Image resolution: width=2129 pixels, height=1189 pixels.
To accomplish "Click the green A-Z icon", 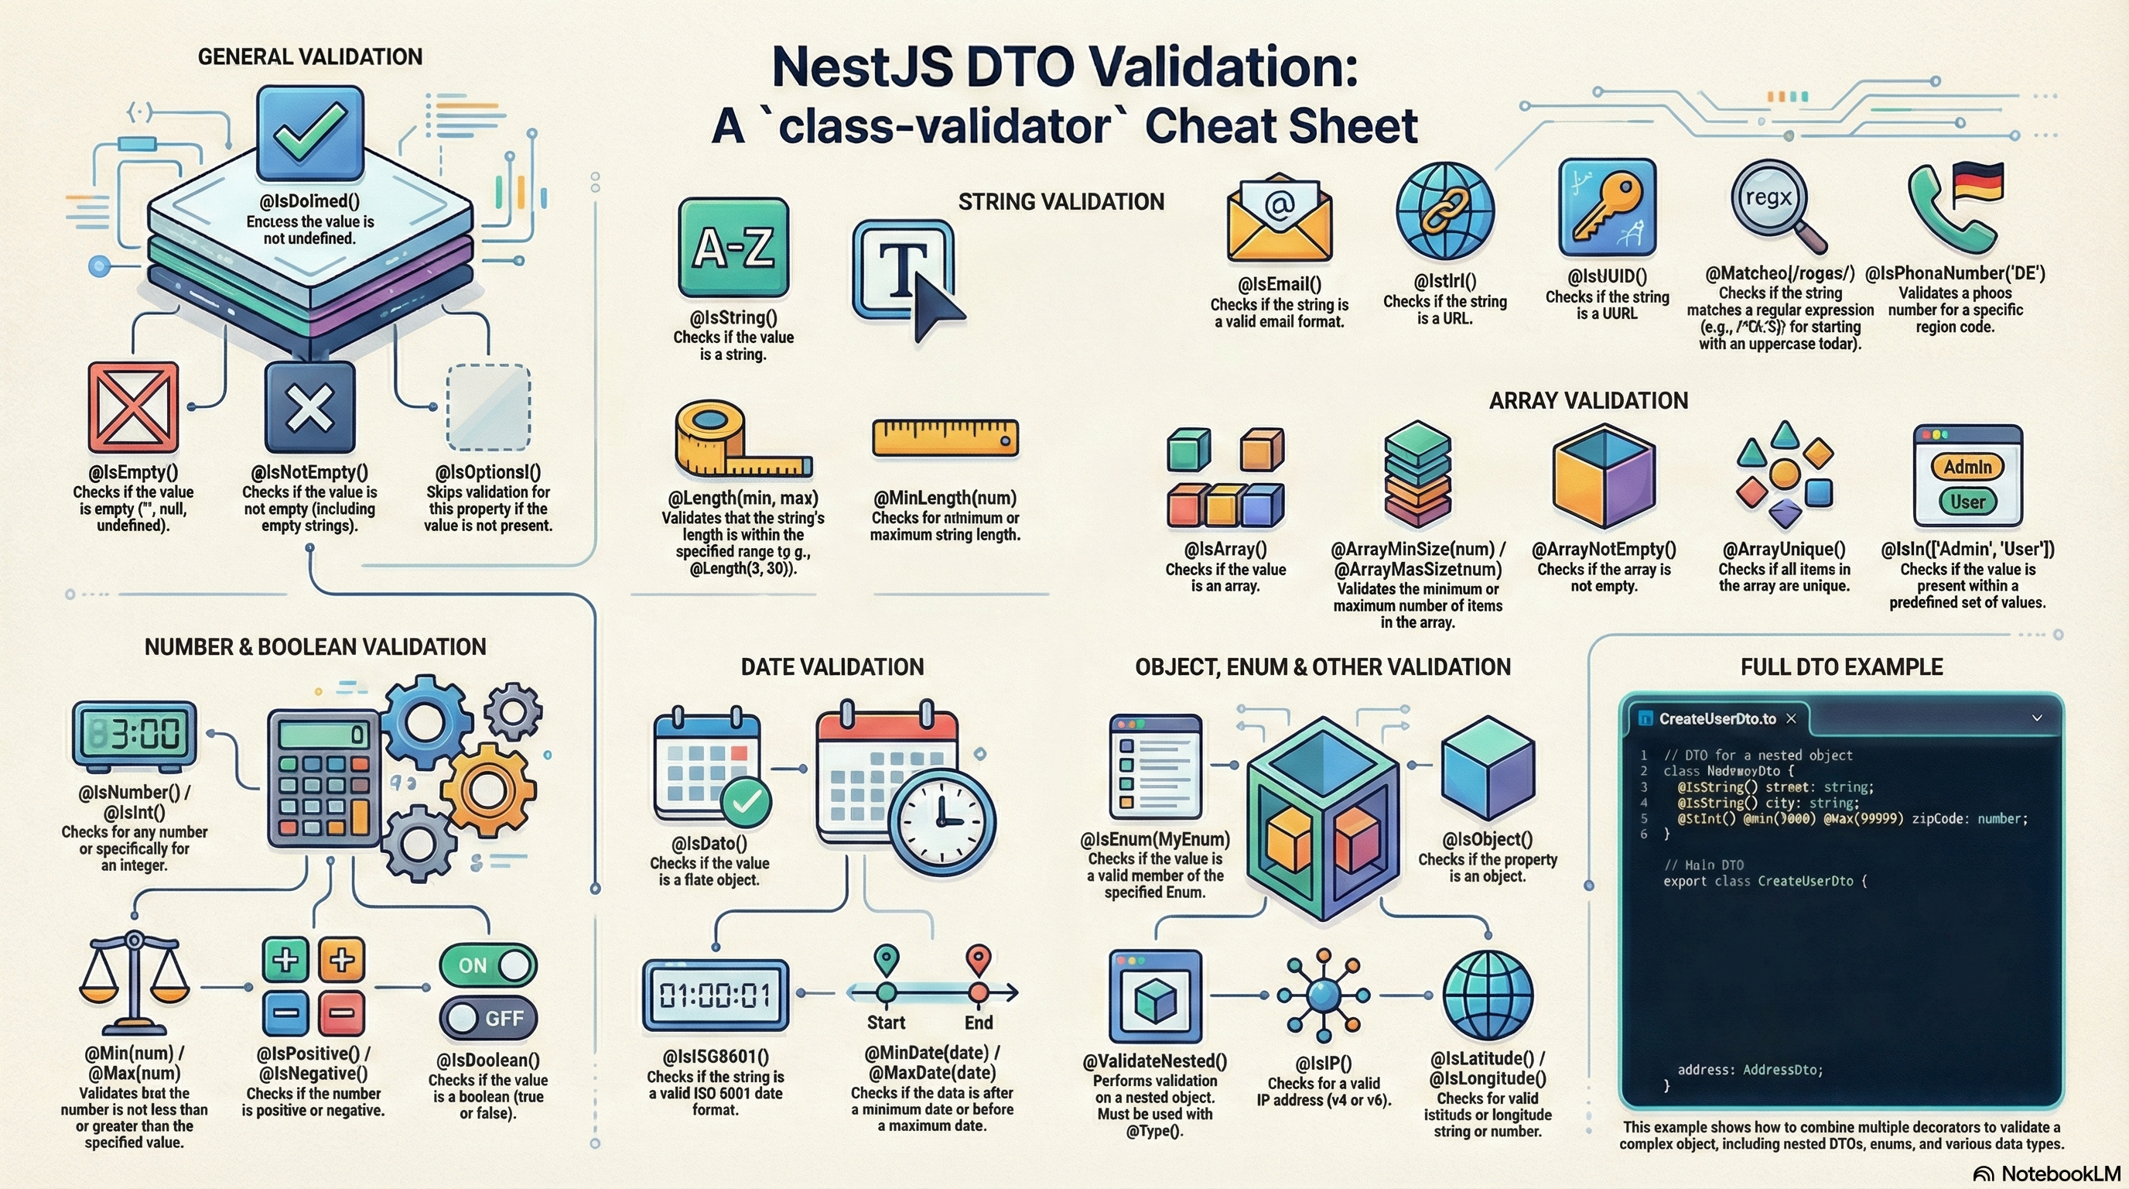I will pos(733,247).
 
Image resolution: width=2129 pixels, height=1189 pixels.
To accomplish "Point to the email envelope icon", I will pos(1280,219).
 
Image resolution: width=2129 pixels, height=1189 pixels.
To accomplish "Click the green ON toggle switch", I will pos(487,965).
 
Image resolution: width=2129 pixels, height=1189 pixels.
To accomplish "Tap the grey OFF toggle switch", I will pos(487,1018).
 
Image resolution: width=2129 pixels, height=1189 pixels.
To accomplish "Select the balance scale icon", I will pos(134,984).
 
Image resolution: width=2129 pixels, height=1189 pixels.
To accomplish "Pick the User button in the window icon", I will pos(1967,502).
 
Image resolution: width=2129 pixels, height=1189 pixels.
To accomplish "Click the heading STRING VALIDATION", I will pos(1061,202).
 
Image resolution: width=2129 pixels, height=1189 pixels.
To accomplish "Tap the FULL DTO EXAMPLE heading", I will pos(1841,667).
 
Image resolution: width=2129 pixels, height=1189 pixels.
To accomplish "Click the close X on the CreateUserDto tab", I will pos(1791,718).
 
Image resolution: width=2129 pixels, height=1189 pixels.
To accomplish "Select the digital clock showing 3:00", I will pos(135,733).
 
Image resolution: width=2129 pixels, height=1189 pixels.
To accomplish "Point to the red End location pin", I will pos(979,960).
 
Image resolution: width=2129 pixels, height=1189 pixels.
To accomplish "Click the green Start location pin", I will pos(886,960).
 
